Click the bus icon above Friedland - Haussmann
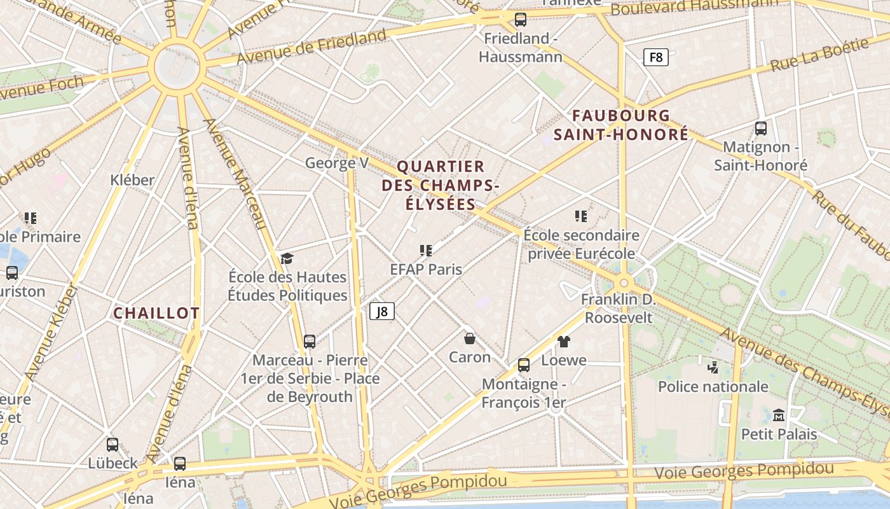[521, 20]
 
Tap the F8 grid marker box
[656, 57]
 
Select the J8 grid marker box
[382, 311]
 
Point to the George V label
[336, 163]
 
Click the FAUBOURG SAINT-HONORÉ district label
[621, 125]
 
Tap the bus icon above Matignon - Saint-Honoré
[760, 129]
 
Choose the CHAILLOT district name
[156, 313]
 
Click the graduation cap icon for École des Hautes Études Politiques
[287, 258]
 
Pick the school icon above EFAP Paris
[426, 251]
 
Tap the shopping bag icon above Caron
[470, 338]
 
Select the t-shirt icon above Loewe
[563, 342]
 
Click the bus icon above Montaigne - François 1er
[524, 365]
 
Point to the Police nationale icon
[713, 367]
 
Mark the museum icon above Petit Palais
[779, 415]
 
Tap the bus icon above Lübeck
[113, 444]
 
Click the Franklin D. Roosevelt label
[617, 308]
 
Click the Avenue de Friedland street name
[311, 46]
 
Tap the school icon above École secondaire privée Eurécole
[580, 216]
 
